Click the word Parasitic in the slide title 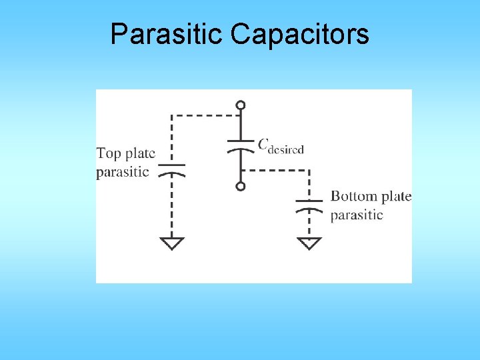point(167,34)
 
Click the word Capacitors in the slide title point(299,34)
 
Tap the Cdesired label point(281,145)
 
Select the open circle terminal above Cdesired point(241,105)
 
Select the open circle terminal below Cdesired point(241,186)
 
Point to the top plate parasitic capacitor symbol point(172,169)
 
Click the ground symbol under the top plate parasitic point(172,243)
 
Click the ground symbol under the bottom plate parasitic point(309,243)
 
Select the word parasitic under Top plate point(123,172)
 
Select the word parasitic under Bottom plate point(357,215)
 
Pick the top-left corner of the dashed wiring point(172,115)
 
